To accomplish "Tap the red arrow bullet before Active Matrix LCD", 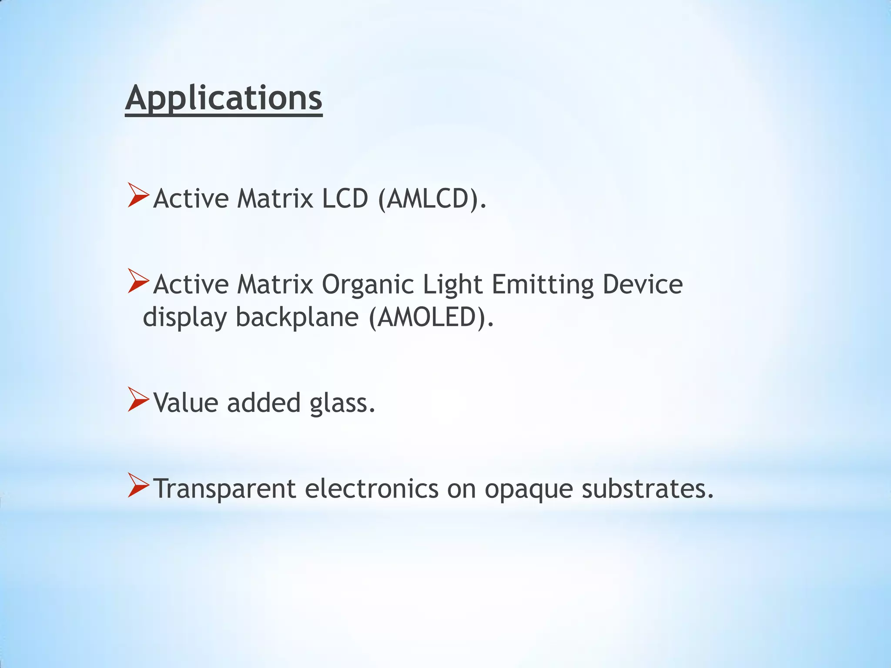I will [x=138, y=195].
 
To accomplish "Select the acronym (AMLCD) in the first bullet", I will [x=432, y=199].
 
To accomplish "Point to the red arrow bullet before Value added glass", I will [x=138, y=400].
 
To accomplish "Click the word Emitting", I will [x=543, y=285].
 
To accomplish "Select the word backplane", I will [x=297, y=317].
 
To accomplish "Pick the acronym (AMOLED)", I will [x=431, y=317].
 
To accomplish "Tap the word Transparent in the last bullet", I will [x=225, y=489].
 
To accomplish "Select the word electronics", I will [x=372, y=488].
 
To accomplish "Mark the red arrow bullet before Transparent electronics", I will [x=138, y=486].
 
